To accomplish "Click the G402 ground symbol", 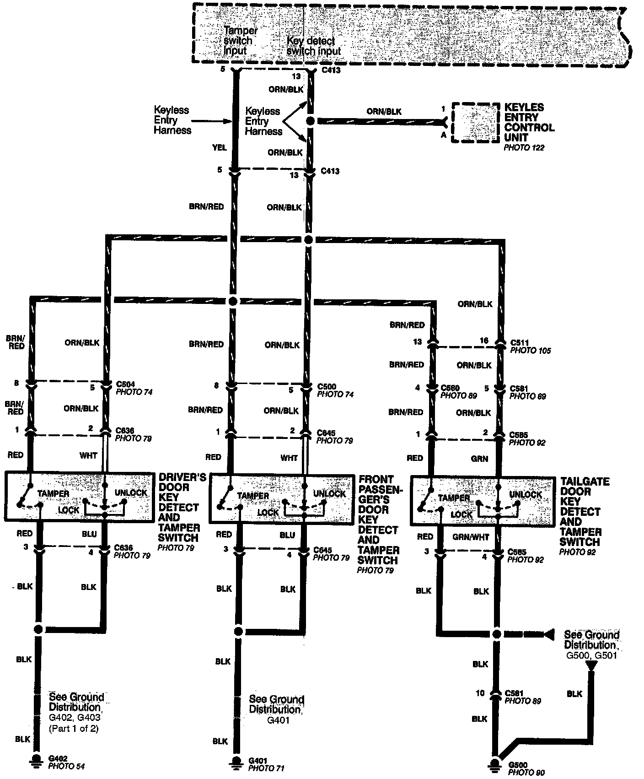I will point(36,760).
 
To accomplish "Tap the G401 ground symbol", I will point(236,762).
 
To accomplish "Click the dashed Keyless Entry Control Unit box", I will point(475,123).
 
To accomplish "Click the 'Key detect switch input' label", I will point(314,46).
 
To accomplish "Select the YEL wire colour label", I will point(220,148).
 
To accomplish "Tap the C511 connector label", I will point(520,342).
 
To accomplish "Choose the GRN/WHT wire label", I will point(471,537).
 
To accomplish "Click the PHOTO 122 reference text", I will point(524,148).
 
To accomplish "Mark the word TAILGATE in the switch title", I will point(585,482).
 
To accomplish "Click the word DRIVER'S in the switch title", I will point(182,477).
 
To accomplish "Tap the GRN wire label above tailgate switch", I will point(479,459).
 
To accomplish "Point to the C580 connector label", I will point(450,388).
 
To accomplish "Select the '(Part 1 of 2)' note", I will point(74,729).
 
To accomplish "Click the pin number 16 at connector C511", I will point(484,341).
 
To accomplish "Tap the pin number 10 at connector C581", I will point(480,693).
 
